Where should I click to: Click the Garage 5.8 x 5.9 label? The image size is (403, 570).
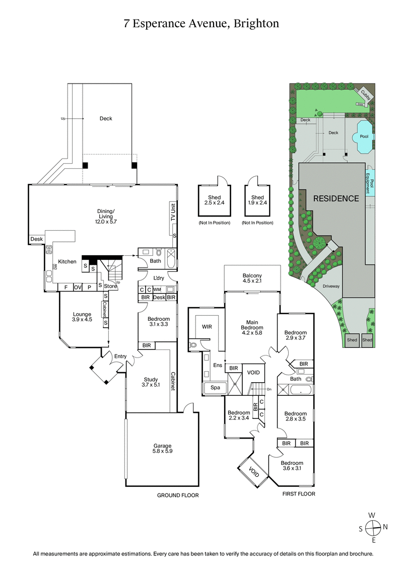[163, 449]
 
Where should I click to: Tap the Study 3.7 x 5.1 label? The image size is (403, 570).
[151, 383]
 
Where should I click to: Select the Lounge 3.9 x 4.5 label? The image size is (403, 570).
[81, 317]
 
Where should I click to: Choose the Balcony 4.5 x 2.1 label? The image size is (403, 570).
[252, 278]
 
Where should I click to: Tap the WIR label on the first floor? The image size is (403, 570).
[206, 327]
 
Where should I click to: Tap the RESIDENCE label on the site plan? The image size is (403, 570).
[337, 198]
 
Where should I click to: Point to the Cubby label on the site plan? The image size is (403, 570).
[365, 94]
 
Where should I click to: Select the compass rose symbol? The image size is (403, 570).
[372, 528]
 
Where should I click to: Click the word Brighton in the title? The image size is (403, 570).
[256, 23]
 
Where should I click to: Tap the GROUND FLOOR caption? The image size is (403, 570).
[178, 495]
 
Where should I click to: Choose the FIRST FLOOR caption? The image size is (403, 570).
[299, 494]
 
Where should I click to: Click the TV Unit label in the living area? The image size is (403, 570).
[173, 213]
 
